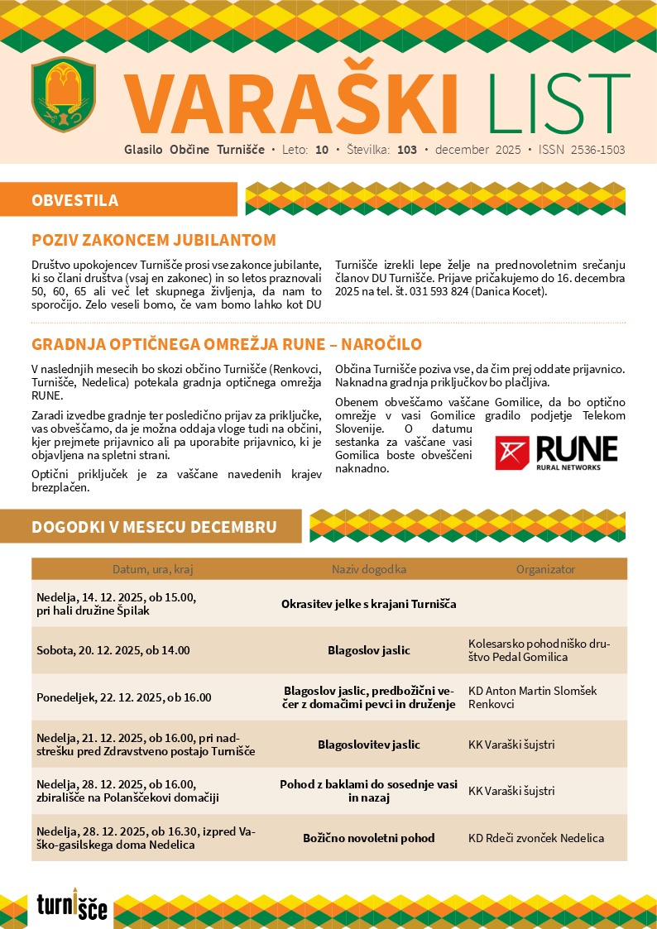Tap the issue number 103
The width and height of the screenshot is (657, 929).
point(406,151)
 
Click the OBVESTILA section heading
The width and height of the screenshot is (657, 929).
point(75,200)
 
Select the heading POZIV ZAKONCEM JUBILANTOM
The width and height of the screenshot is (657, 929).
point(153,241)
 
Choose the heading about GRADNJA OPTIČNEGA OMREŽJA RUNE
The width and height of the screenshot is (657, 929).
point(227,344)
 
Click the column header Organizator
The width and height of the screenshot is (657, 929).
point(545,569)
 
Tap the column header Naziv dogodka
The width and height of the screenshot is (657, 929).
point(369,569)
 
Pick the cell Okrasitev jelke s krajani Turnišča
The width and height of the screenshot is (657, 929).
point(369,604)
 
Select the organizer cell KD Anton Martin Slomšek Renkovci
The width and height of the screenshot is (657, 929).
point(532,697)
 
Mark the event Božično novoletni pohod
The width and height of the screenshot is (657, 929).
point(369,838)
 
